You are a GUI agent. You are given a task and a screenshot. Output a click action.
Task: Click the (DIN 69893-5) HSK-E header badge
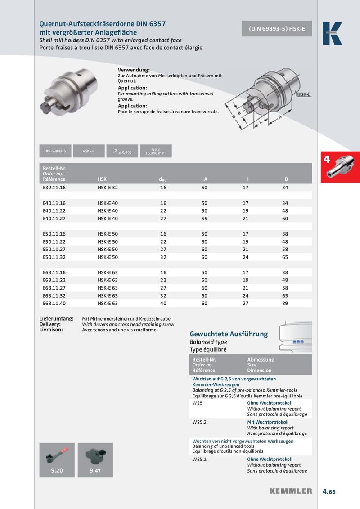click(x=277, y=29)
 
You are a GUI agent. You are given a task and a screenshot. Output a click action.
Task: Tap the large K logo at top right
click(x=332, y=33)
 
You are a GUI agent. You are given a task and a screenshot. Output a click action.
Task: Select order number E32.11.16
click(x=54, y=187)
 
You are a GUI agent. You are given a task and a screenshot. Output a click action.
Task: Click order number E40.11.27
click(x=54, y=219)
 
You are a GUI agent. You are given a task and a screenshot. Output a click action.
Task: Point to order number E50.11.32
click(x=54, y=257)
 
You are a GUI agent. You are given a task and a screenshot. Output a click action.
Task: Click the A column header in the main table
click(x=206, y=179)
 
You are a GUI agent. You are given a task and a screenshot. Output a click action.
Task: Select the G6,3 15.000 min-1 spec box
click(x=156, y=152)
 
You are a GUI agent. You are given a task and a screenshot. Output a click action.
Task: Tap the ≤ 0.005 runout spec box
click(x=122, y=152)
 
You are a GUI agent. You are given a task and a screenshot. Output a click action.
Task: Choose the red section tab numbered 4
click(x=340, y=167)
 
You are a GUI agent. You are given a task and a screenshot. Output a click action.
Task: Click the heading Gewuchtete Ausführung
click(x=229, y=334)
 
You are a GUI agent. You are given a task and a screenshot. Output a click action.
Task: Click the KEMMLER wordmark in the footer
click(x=291, y=491)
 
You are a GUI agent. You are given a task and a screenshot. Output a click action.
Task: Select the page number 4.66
click(x=329, y=491)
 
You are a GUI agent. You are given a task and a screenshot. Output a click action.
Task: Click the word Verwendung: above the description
click(x=134, y=70)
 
